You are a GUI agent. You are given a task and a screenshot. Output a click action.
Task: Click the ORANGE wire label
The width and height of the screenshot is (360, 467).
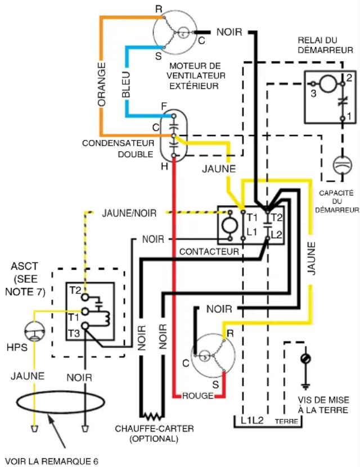pyautogui.click(x=102, y=84)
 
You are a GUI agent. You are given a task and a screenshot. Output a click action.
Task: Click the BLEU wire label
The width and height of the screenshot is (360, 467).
pyautogui.click(x=127, y=85)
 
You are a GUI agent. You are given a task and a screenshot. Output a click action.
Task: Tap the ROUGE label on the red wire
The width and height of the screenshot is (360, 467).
pyautogui.click(x=197, y=396)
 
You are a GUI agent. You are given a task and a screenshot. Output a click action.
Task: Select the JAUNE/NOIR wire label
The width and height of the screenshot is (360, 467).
pyautogui.click(x=129, y=213)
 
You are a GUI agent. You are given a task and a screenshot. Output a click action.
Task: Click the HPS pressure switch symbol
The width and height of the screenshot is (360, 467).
pyautogui.click(x=34, y=331)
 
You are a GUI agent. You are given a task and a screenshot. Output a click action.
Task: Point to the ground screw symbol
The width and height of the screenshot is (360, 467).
pyautogui.click(x=305, y=359)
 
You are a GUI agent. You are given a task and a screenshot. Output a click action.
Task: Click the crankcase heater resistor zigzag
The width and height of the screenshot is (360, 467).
pyautogui.click(x=152, y=415)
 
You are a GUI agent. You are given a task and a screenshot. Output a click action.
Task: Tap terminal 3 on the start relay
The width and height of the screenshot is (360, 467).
pyautogui.click(x=313, y=84)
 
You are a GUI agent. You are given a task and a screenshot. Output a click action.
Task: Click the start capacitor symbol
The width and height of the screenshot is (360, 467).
pyautogui.click(x=343, y=165)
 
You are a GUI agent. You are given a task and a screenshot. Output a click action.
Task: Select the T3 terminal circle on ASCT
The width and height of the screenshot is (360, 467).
pyautogui.click(x=85, y=326)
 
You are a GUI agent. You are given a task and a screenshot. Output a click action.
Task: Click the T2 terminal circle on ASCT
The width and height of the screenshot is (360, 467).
pyautogui.click(x=85, y=297)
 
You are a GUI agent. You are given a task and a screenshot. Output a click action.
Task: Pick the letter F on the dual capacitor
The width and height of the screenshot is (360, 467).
pyautogui.click(x=164, y=107)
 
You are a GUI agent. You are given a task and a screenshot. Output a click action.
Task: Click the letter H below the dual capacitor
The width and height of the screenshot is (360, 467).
pyautogui.click(x=164, y=166)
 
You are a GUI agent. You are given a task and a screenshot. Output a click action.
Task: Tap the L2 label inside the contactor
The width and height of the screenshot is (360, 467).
pyautogui.click(x=277, y=235)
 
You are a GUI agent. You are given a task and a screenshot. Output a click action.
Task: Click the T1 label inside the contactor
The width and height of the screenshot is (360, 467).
pyautogui.click(x=252, y=217)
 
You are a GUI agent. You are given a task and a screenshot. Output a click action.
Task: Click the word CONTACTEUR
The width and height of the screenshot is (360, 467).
pyautogui.click(x=209, y=252)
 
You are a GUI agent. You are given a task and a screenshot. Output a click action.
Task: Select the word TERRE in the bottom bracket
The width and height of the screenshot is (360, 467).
pyautogui.click(x=286, y=421)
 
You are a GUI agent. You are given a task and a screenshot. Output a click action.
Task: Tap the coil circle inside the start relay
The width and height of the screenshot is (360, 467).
pyautogui.click(x=328, y=84)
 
